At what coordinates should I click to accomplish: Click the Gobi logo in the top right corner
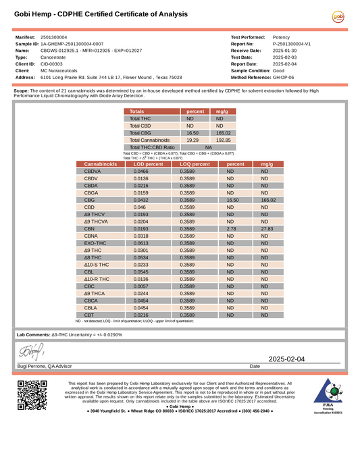click(338, 18)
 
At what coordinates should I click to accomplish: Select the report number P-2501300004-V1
click(292, 43)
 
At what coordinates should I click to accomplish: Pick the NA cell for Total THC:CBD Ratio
click(208, 147)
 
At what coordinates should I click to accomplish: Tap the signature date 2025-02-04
click(287, 359)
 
